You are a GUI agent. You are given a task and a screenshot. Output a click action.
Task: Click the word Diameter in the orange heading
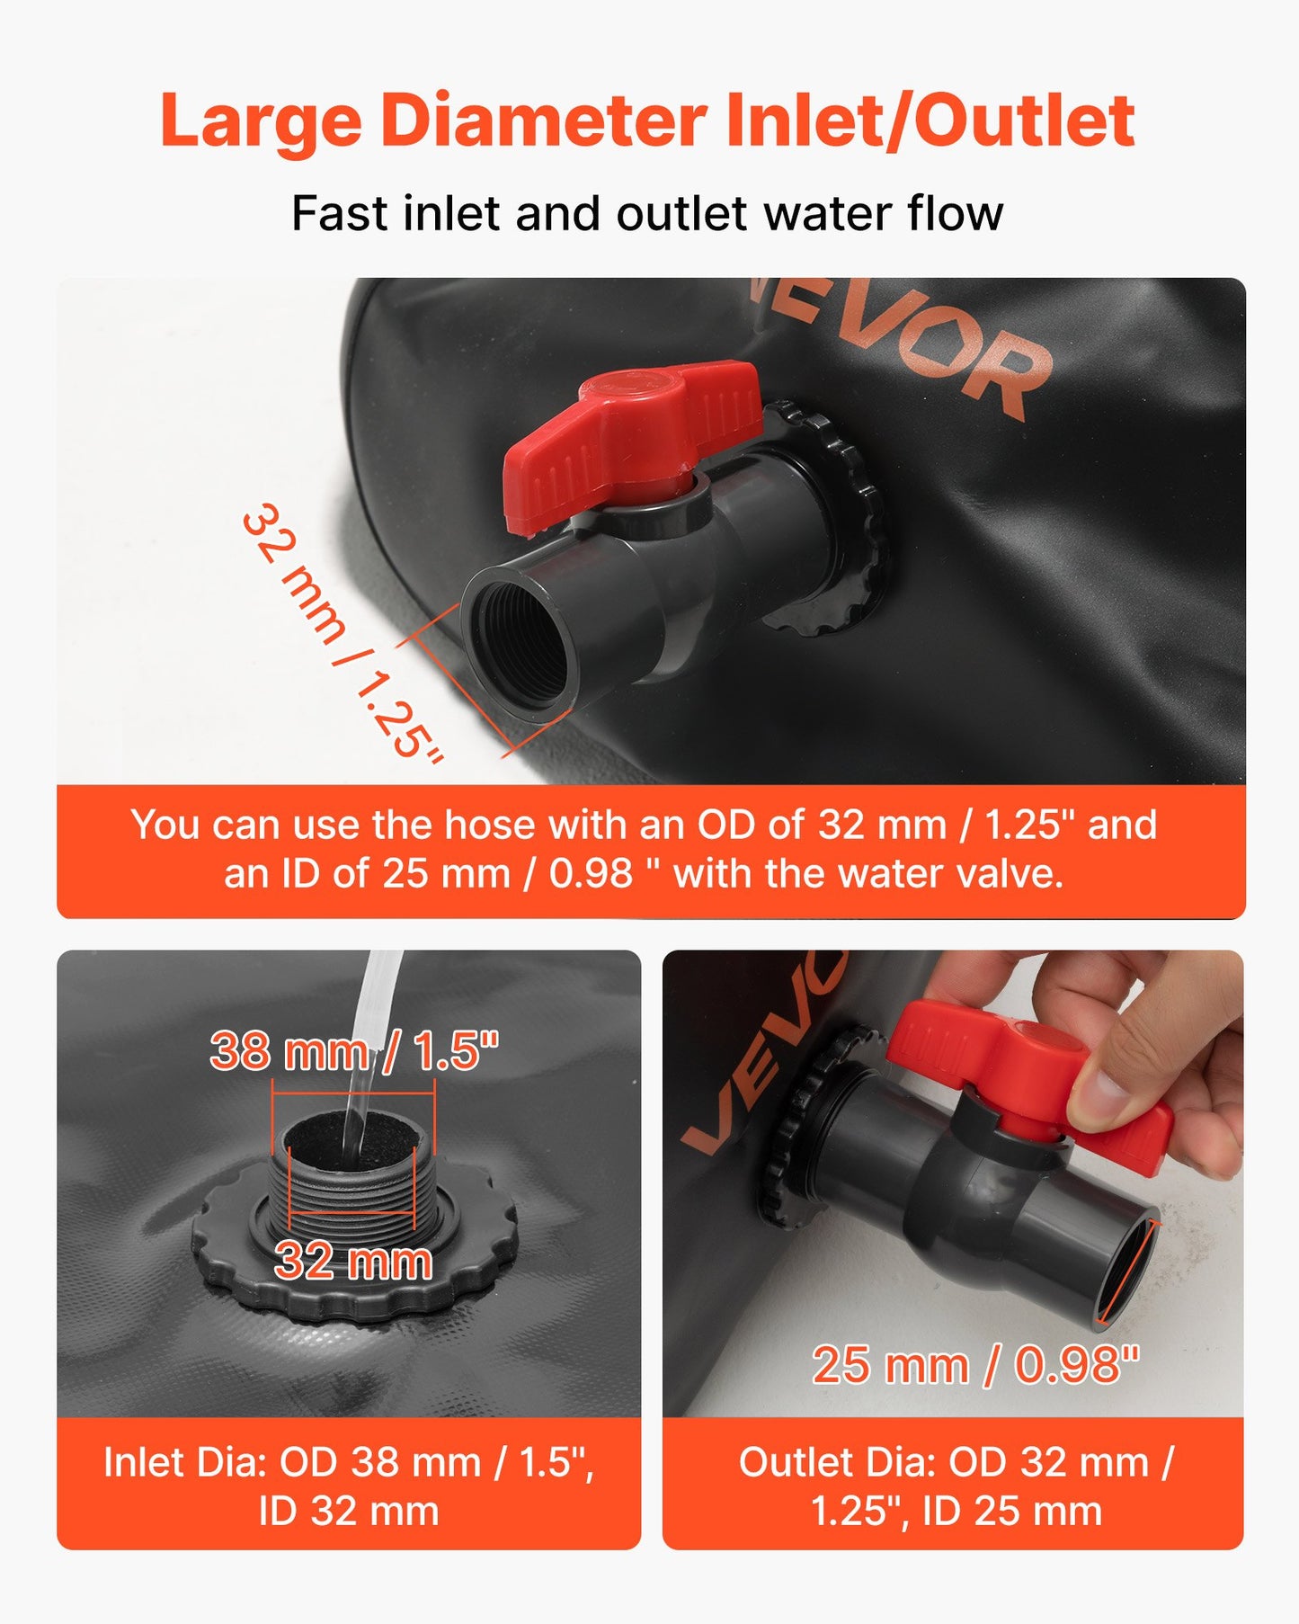544,121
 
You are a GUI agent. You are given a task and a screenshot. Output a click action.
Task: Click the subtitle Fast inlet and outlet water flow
647,214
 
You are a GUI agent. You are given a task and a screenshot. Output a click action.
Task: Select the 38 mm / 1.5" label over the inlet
354,1049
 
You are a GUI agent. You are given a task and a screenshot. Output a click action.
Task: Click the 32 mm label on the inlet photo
353,1261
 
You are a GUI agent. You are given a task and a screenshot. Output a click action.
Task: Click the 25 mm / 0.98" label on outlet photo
976,1365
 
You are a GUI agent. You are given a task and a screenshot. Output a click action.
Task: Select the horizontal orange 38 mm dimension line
353,1093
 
